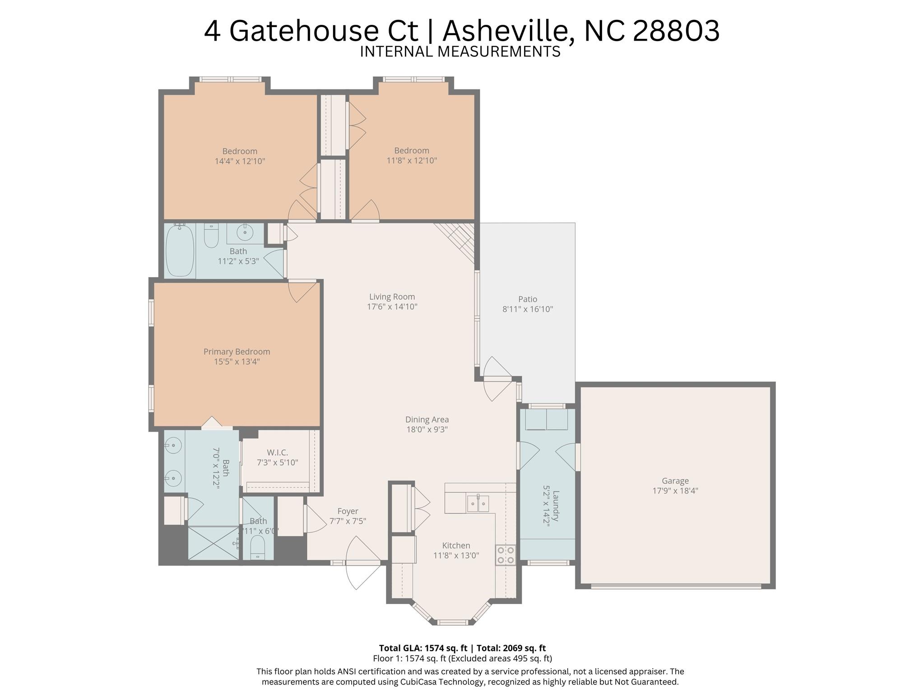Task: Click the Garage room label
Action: click(x=675, y=481)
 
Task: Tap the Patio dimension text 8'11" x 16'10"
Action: click(x=527, y=309)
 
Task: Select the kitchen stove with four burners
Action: click(x=506, y=555)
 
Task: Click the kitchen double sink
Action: click(x=478, y=503)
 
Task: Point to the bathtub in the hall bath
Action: click(x=180, y=251)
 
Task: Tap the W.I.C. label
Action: click(x=277, y=452)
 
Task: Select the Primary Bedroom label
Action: click(x=237, y=352)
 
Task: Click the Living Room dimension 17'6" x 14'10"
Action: click(x=392, y=307)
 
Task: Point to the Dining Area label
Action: click(x=427, y=419)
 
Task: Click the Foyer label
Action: click(x=348, y=511)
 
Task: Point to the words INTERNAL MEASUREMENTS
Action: click(x=460, y=52)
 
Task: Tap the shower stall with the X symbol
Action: click(x=213, y=543)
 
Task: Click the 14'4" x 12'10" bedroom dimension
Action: click(x=240, y=161)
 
